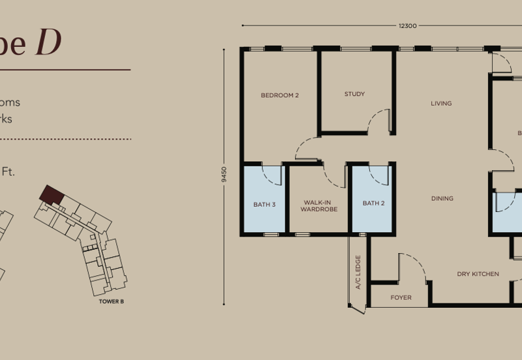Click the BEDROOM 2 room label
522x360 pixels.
pos(279,95)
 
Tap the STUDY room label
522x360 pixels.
pos(354,95)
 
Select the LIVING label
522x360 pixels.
pos(441,104)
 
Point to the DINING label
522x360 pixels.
pos(442,199)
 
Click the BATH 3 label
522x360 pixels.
pos(264,204)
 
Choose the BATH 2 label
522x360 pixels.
pos(373,203)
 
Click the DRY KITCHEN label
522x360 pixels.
pos(478,274)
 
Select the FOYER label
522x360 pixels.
pos(401,298)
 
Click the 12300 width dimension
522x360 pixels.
pos(408,26)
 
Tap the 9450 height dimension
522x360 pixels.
pos(224,175)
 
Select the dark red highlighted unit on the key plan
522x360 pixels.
pos(48,193)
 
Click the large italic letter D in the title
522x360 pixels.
pos(48,43)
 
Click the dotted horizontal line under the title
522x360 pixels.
pos(65,139)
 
